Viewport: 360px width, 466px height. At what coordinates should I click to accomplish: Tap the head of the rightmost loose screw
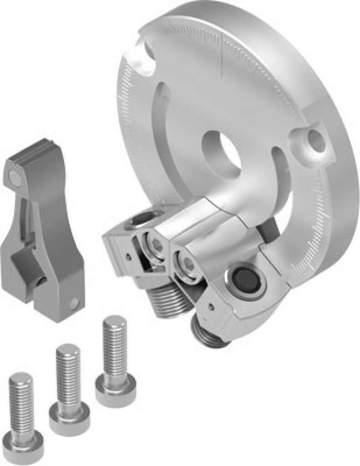click(x=115, y=387)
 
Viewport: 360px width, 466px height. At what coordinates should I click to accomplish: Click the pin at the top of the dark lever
click(x=14, y=175)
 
